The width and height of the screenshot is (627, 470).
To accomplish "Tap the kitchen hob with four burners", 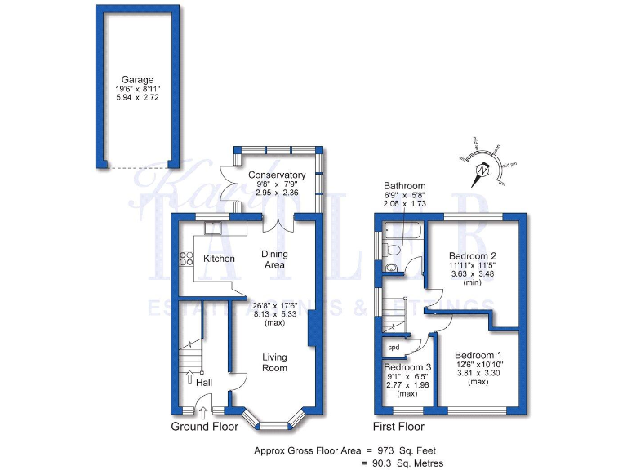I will (x=183, y=259).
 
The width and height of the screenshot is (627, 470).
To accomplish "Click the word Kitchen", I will (x=219, y=259).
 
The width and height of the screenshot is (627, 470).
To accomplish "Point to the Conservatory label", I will (x=277, y=175).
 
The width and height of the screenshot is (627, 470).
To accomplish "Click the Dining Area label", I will (x=273, y=259).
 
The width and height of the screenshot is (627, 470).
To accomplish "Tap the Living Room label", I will (x=274, y=362).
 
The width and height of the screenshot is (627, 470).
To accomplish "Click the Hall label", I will (x=203, y=382).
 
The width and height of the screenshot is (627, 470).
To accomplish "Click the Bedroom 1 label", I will (x=479, y=355).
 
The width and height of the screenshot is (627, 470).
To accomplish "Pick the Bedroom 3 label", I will (x=407, y=367).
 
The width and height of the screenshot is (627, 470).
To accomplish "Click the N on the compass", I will (x=483, y=171).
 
